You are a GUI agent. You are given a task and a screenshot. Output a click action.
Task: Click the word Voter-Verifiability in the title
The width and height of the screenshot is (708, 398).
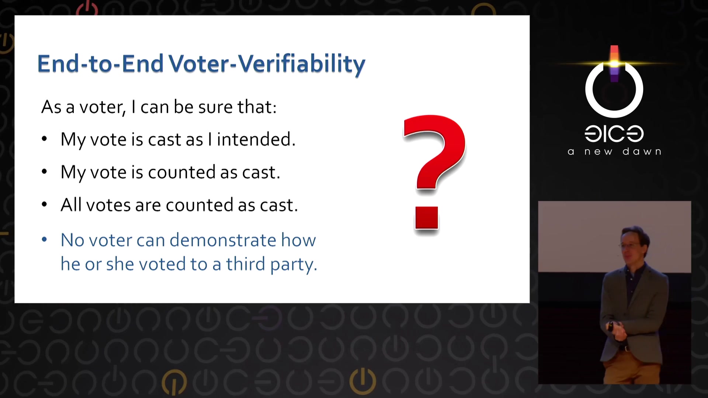tap(267, 64)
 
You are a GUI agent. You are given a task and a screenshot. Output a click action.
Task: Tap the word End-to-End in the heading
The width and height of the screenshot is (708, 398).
tap(100, 63)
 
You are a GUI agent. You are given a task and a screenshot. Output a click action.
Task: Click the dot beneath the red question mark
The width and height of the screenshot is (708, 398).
tap(427, 218)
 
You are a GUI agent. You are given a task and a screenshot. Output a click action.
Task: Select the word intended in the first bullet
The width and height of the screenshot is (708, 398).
tap(256, 139)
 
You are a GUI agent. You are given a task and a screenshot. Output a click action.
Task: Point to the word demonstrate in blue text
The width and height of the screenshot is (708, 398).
tap(223, 240)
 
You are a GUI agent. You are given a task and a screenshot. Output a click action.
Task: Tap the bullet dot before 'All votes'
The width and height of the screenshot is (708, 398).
tap(44, 205)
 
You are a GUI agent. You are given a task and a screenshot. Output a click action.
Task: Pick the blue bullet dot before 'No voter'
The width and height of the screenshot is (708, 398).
tap(44, 240)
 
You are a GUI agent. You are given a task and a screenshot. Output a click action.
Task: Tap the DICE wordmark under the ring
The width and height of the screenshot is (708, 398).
tap(614, 133)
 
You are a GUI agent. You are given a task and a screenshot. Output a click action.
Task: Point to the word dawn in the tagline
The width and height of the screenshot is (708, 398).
tap(642, 151)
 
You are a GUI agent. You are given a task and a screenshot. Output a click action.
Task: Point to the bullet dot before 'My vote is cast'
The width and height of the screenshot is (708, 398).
tap(44, 139)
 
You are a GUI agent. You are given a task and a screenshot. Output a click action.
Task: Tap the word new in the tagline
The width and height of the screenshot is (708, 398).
tap(598, 152)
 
